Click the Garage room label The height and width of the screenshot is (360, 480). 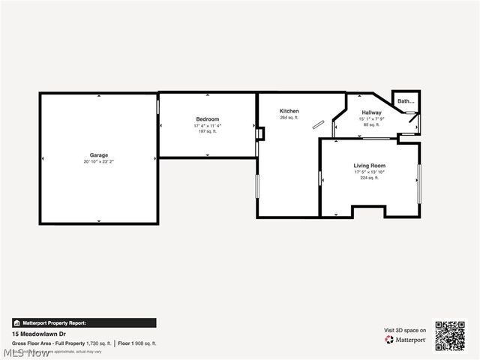(x=99, y=155)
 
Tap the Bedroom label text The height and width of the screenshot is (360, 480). (x=208, y=119)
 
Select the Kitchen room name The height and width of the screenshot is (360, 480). (x=289, y=111)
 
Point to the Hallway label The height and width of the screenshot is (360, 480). (x=371, y=112)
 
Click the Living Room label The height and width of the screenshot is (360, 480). (x=369, y=165)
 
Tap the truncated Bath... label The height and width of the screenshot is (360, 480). (x=406, y=101)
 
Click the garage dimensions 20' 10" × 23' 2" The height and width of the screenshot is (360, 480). (x=99, y=161)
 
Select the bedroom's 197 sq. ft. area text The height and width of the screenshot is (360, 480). (x=208, y=130)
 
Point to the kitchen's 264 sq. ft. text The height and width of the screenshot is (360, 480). (x=289, y=118)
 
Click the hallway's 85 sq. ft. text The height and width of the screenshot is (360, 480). (x=371, y=124)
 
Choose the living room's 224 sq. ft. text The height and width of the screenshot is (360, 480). (x=369, y=178)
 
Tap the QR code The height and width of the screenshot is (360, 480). (x=450, y=335)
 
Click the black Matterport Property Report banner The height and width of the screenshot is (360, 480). (x=84, y=322)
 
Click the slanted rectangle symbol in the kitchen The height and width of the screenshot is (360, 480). (x=319, y=124)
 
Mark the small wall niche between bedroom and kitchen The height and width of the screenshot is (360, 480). (x=259, y=134)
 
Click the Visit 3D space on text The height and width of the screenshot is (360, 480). (x=406, y=330)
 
